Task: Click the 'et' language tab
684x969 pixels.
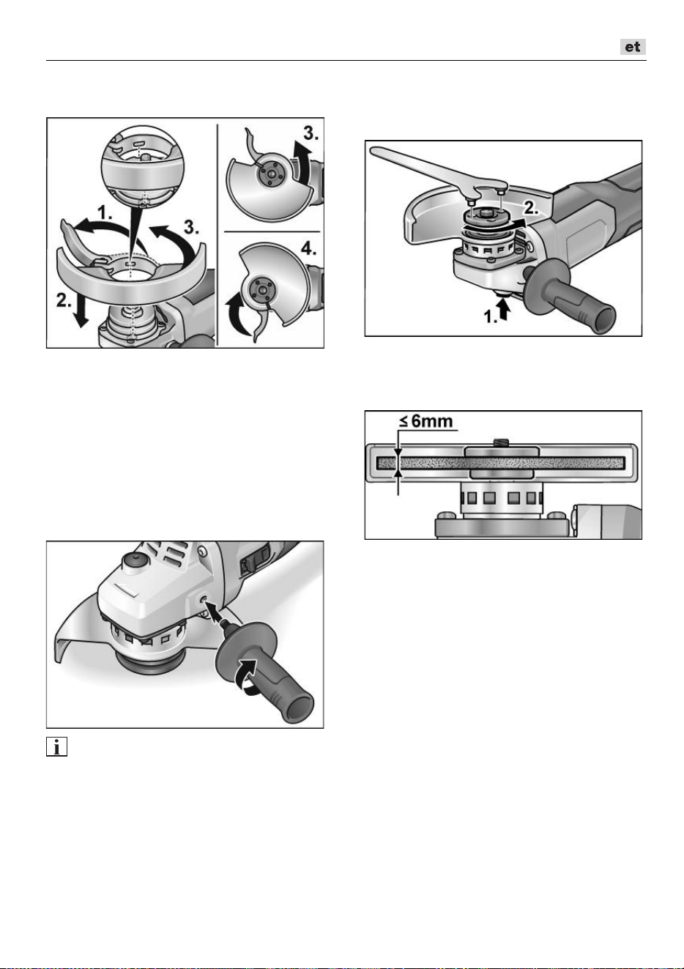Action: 633,47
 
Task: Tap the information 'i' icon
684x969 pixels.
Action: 56,747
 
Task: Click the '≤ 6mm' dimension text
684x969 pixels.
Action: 425,421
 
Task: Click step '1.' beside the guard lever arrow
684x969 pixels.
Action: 105,212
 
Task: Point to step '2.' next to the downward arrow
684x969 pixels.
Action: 64,300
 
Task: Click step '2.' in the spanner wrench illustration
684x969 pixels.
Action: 531,209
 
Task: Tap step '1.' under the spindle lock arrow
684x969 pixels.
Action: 490,316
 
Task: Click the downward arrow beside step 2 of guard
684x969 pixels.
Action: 80,312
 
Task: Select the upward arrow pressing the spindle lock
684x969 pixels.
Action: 504,310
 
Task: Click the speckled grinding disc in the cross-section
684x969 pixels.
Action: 501,463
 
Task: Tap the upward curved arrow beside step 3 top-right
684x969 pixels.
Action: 302,163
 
